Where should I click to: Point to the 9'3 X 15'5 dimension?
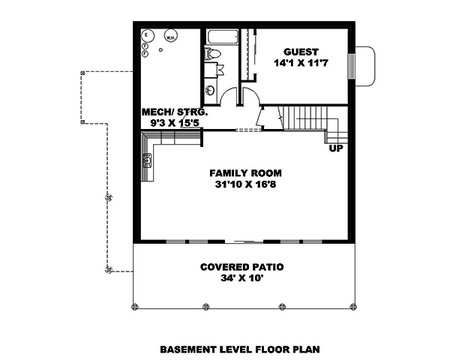tap(169, 123)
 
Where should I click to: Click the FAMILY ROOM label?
tap(241, 173)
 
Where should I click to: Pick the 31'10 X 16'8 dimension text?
tap(241, 184)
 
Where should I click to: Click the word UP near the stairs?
tap(335, 148)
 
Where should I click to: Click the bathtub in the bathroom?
tap(222, 37)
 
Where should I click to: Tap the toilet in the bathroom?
tap(212, 54)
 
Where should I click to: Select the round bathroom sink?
tap(210, 92)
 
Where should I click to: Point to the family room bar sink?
tap(147, 159)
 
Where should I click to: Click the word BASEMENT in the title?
tap(188, 349)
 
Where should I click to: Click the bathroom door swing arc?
tap(228, 96)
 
